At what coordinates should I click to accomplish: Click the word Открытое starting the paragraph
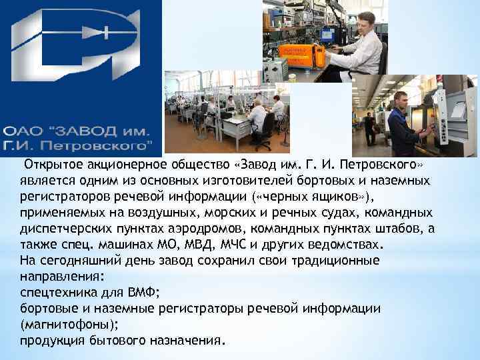(50, 165)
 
